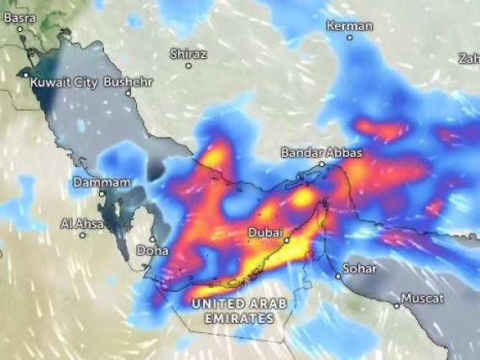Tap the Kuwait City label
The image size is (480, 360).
(64, 83)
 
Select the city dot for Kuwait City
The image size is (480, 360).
(25, 75)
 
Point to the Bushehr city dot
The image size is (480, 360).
(128, 93)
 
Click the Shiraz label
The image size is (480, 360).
(188, 53)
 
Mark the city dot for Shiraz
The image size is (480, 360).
(189, 65)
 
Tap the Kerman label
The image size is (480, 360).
(348, 25)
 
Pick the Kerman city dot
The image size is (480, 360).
(349, 37)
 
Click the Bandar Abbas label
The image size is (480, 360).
(321, 153)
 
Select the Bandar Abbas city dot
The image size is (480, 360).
(321, 164)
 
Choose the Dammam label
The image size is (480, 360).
(102, 182)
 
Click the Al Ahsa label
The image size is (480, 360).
(81, 223)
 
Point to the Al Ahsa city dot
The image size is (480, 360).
(82, 235)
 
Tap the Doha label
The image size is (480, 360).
(153, 250)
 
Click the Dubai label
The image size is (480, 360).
(266, 232)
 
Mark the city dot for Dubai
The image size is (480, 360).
(286, 240)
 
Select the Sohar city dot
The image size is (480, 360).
(338, 276)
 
